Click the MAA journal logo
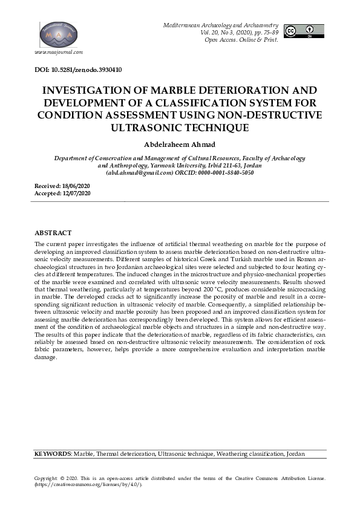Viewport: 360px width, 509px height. (59, 35)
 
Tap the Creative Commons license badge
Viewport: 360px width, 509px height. (304, 31)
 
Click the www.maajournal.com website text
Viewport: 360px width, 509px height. (59, 53)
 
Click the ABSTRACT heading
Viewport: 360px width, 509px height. (53, 233)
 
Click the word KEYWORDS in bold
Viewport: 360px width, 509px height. (53, 453)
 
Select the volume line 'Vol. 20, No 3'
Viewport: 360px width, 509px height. (221, 31)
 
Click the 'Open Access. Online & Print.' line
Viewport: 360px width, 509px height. (241, 39)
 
